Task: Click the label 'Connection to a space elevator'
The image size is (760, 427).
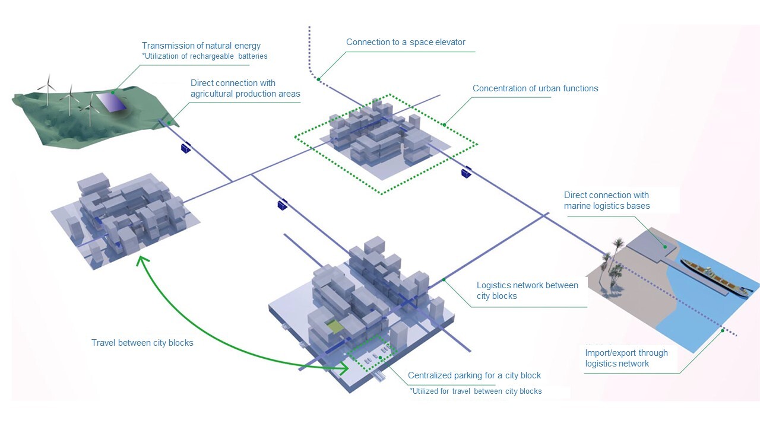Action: pyautogui.click(x=406, y=42)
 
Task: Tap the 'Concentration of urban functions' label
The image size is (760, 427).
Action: pyautogui.click(x=536, y=88)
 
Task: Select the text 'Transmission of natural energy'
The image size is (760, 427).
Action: pyautogui.click(x=201, y=46)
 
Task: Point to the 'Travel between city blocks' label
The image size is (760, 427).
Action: pyautogui.click(x=142, y=343)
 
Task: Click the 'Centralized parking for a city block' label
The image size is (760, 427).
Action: pyautogui.click(x=474, y=375)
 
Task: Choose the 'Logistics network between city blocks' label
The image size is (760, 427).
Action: pyautogui.click(x=527, y=291)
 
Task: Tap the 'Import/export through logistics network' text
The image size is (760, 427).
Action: pyautogui.click(x=626, y=358)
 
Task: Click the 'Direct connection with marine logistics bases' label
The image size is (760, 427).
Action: pyautogui.click(x=607, y=200)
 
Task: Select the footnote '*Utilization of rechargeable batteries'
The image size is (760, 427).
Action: pyautogui.click(x=205, y=56)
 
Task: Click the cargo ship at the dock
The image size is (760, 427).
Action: pyautogui.click(x=715, y=279)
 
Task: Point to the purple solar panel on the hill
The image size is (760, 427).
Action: pyautogui.click(x=111, y=103)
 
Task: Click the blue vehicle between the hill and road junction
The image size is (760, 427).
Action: pyautogui.click(x=186, y=148)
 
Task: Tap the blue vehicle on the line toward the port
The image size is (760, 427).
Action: pyautogui.click(x=467, y=172)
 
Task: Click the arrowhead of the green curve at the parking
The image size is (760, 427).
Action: pyautogui.click(x=346, y=368)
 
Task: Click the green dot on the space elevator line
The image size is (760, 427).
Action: pyautogui.click(x=319, y=79)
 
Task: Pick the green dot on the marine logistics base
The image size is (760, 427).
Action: pyautogui.click(x=665, y=247)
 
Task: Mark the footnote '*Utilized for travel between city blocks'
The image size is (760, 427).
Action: pyautogui.click(x=476, y=391)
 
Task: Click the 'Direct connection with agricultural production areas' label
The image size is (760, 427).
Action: pyautogui.click(x=245, y=88)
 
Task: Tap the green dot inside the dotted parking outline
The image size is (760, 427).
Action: pyautogui.click(x=381, y=358)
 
